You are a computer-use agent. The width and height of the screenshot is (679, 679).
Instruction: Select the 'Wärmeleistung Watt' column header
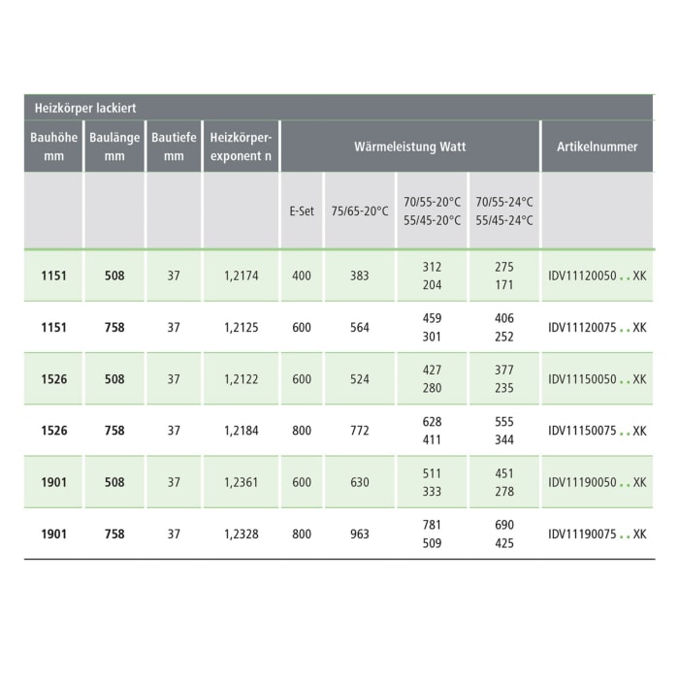[x=409, y=146]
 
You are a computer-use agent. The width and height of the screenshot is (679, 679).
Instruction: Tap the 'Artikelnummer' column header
[x=597, y=146]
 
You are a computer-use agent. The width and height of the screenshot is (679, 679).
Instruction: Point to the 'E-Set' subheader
[x=302, y=210]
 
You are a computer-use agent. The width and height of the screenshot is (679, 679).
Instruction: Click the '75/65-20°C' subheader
[x=360, y=210]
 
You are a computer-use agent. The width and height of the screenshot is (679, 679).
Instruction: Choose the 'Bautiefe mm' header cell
[x=174, y=146]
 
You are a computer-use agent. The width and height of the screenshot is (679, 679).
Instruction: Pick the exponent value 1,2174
[x=241, y=275]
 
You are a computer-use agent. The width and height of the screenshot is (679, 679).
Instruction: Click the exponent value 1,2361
[x=241, y=482]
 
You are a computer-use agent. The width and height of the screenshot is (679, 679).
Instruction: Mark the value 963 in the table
[x=360, y=533]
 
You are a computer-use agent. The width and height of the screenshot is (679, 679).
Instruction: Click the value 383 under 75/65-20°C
[x=360, y=275]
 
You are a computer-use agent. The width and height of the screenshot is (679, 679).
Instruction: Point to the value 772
[x=360, y=431]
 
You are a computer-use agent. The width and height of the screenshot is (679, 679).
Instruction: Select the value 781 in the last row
[x=432, y=525]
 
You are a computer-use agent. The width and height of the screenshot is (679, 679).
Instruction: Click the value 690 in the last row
[x=504, y=525]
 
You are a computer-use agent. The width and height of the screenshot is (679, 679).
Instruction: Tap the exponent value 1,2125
[x=241, y=328]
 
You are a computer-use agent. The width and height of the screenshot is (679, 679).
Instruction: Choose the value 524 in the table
[x=360, y=379]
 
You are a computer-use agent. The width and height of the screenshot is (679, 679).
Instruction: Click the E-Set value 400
[x=302, y=275]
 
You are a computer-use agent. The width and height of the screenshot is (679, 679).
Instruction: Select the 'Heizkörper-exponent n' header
[x=241, y=146]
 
